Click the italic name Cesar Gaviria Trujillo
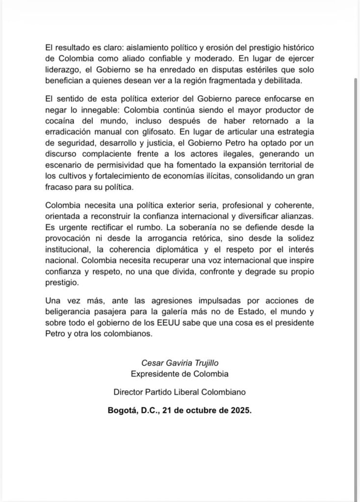[180, 363]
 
